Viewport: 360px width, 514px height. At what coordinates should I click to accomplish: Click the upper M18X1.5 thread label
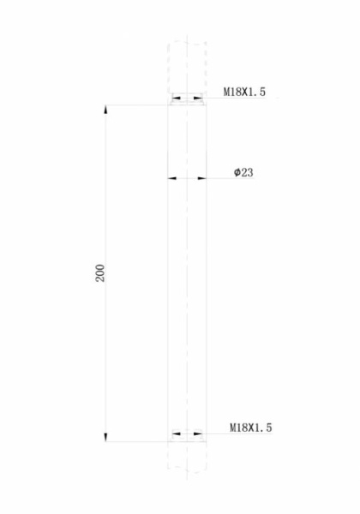(248, 90)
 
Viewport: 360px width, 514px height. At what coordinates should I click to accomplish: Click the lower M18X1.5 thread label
(250, 427)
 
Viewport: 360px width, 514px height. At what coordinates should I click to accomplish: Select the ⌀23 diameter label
(243, 173)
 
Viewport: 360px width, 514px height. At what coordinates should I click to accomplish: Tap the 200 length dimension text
(100, 273)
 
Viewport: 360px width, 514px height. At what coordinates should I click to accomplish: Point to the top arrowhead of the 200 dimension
(105, 111)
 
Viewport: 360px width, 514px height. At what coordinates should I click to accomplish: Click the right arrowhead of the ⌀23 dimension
(202, 179)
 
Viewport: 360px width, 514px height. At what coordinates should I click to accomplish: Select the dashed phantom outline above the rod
(188, 64)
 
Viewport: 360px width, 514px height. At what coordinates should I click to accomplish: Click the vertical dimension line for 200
(105, 214)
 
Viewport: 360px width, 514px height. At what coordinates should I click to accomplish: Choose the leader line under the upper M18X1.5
(244, 98)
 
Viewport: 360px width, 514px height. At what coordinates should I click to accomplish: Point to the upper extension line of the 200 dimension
(137, 105)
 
